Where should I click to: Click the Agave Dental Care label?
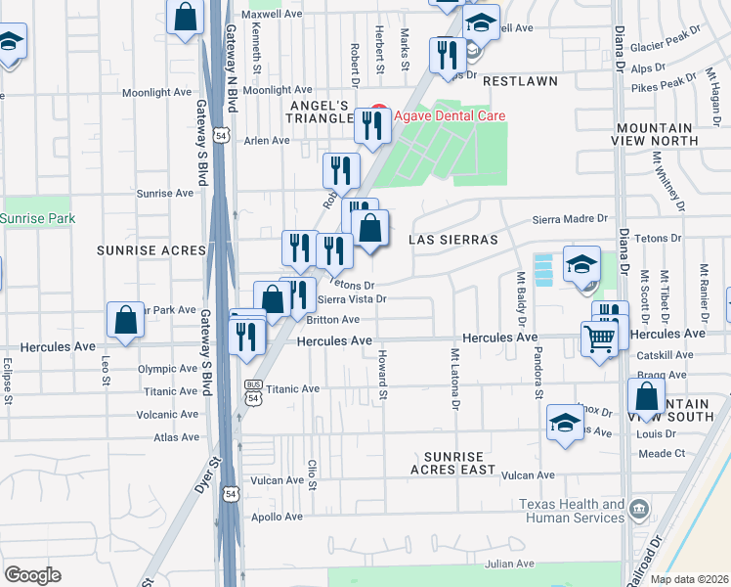(450, 115)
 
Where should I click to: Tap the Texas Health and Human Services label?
(572, 512)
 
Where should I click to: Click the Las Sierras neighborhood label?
(459, 240)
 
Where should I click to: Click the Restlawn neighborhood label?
(514, 80)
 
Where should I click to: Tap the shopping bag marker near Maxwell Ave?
(185, 17)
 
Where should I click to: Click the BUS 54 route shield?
(253, 394)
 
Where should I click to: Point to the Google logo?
(32, 575)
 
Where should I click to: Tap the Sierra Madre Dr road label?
(570, 220)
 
